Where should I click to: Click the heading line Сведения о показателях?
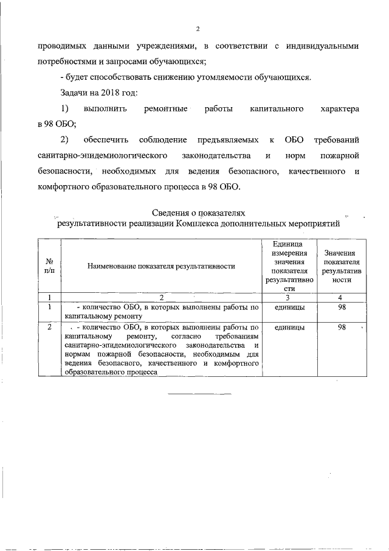click(199, 212)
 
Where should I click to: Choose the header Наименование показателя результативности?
click(160, 266)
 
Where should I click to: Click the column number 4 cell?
click(340, 298)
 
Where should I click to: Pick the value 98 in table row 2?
click(341, 328)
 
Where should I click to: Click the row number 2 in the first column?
click(49, 328)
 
